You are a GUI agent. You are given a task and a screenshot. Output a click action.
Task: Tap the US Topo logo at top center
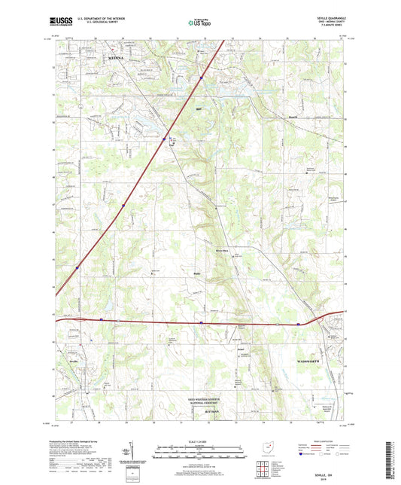tap(199, 23)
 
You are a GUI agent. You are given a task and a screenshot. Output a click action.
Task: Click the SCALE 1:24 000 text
tap(200, 441)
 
